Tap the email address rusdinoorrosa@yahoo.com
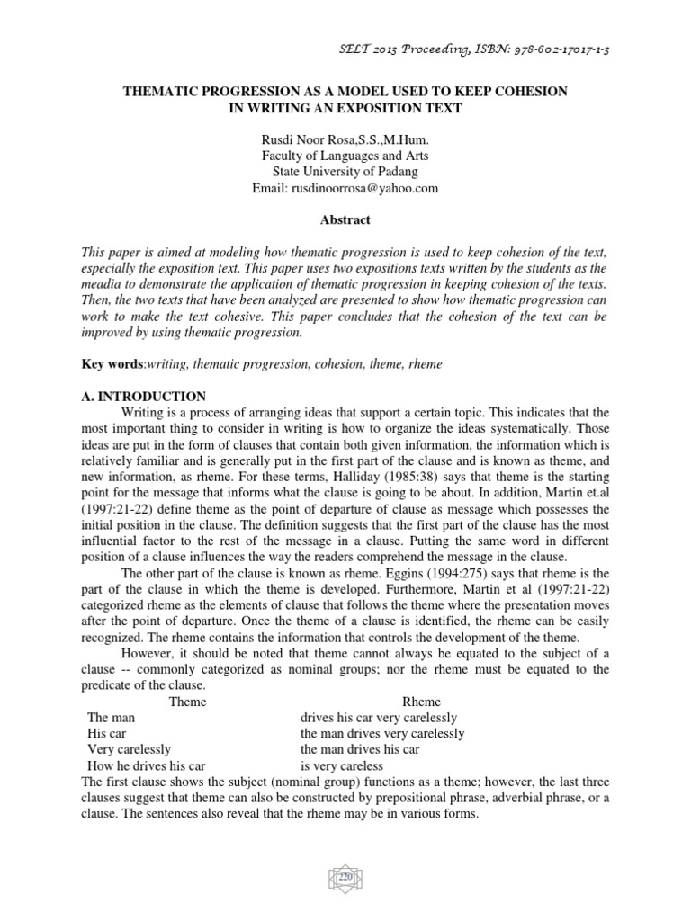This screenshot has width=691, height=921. coord(345,187)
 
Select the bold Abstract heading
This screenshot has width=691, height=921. coord(345,219)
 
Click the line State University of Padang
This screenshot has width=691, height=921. coord(345,171)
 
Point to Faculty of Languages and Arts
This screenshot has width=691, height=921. coord(345,155)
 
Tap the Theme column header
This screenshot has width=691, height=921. coord(187,702)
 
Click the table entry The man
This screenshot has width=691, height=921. coord(111,718)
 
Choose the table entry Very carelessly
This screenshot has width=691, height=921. coord(129,750)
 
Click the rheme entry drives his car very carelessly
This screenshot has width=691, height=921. coord(379,718)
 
